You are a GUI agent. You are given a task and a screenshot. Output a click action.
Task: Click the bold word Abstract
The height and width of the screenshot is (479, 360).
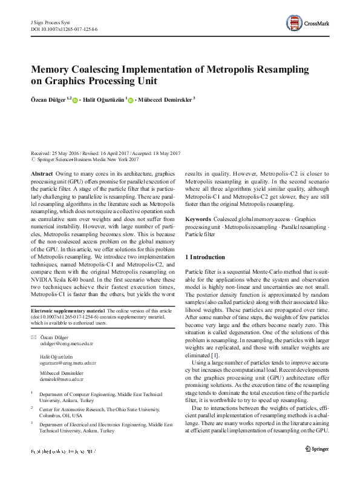click(41, 173)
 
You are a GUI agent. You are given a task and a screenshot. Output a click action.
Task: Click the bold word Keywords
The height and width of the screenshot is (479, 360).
click(198, 218)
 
